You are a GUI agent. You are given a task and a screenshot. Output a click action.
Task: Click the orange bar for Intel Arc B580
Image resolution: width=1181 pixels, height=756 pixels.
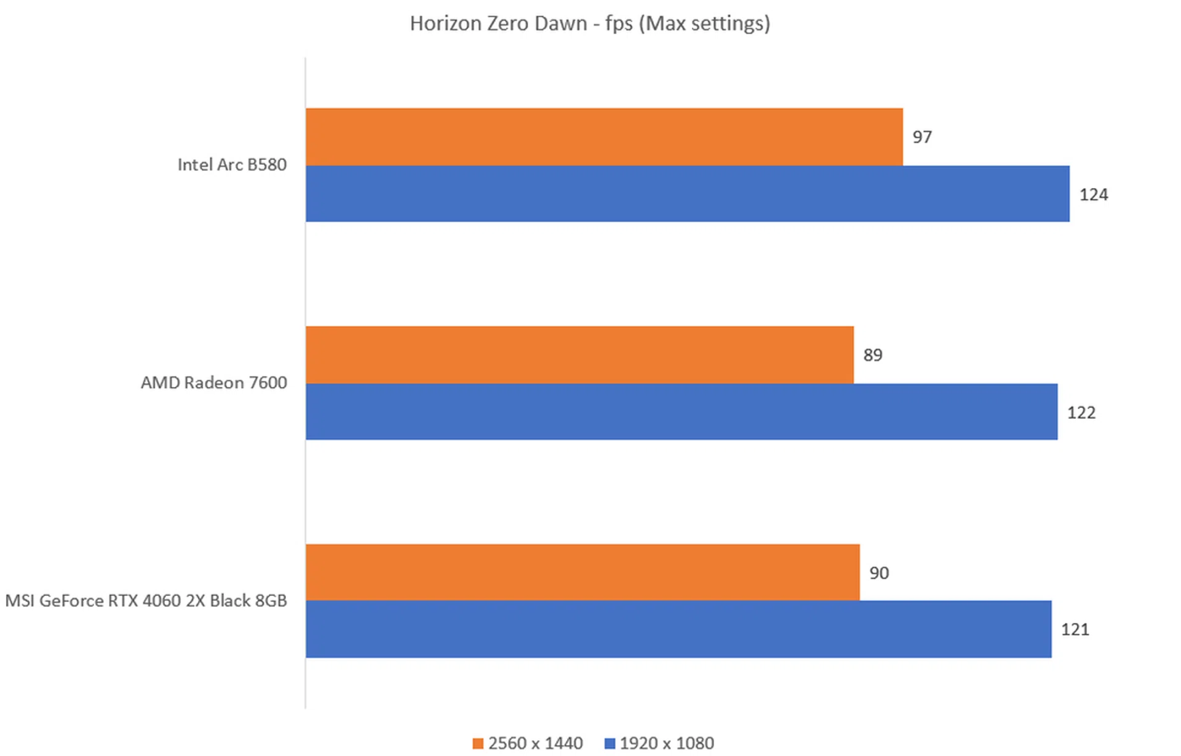coord(604,137)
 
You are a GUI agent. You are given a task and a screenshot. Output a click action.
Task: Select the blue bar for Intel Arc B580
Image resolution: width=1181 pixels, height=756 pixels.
coord(687,194)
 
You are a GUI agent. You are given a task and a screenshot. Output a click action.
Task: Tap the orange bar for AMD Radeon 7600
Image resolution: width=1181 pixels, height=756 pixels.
coord(579,355)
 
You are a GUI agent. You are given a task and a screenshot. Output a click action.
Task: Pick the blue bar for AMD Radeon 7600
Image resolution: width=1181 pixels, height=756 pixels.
coord(681,412)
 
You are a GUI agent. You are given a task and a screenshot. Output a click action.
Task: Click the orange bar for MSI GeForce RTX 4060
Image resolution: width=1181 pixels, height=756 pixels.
coord(583,572)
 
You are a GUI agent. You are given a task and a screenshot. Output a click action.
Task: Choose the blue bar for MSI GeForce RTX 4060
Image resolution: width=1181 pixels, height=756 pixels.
coord(678,629)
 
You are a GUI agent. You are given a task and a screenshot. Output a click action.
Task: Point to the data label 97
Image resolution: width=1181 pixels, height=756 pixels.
coord(921,137)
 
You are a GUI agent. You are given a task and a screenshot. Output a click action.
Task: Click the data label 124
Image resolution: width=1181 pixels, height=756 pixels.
coord(1093,194)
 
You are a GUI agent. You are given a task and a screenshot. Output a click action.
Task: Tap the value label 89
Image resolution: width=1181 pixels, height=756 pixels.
coord(872,355)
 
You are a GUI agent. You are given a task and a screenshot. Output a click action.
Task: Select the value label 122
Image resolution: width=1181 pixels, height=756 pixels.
coord(1081,412)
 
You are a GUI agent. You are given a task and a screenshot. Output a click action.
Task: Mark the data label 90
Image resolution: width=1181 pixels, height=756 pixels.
coord(878,573)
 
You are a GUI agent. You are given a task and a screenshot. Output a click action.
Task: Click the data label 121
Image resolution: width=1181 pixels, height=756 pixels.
coord(1075,629)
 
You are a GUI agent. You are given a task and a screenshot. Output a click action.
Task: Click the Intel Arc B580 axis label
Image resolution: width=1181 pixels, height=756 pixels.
coord(232,165)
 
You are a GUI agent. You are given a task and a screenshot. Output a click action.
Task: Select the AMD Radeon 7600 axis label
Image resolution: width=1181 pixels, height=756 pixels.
coord(213,383)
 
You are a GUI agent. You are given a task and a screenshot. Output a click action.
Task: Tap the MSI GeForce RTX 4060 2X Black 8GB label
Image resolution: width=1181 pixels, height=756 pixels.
coord(146,600)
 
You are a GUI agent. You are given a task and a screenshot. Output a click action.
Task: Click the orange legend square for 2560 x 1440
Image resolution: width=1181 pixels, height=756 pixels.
coord(478,743)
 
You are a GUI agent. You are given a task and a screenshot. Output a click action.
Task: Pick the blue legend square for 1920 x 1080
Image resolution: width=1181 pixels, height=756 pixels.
coord(610,743)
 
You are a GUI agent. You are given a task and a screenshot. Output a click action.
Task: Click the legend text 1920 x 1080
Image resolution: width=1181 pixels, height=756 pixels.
coord(667,743)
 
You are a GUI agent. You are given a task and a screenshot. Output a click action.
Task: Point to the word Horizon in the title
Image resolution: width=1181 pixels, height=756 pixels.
coord(446,23)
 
